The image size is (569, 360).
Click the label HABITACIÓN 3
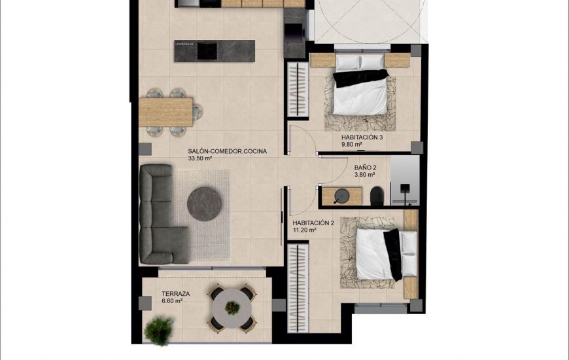click(362, 138)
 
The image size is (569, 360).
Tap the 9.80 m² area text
click(352, 145)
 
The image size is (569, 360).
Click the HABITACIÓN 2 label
click(313, 223)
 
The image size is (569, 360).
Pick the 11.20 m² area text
click(305, 230)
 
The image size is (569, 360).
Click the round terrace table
click(232, 307)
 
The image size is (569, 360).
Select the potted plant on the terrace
click(160, 329)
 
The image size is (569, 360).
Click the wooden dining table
click(166, 111)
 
